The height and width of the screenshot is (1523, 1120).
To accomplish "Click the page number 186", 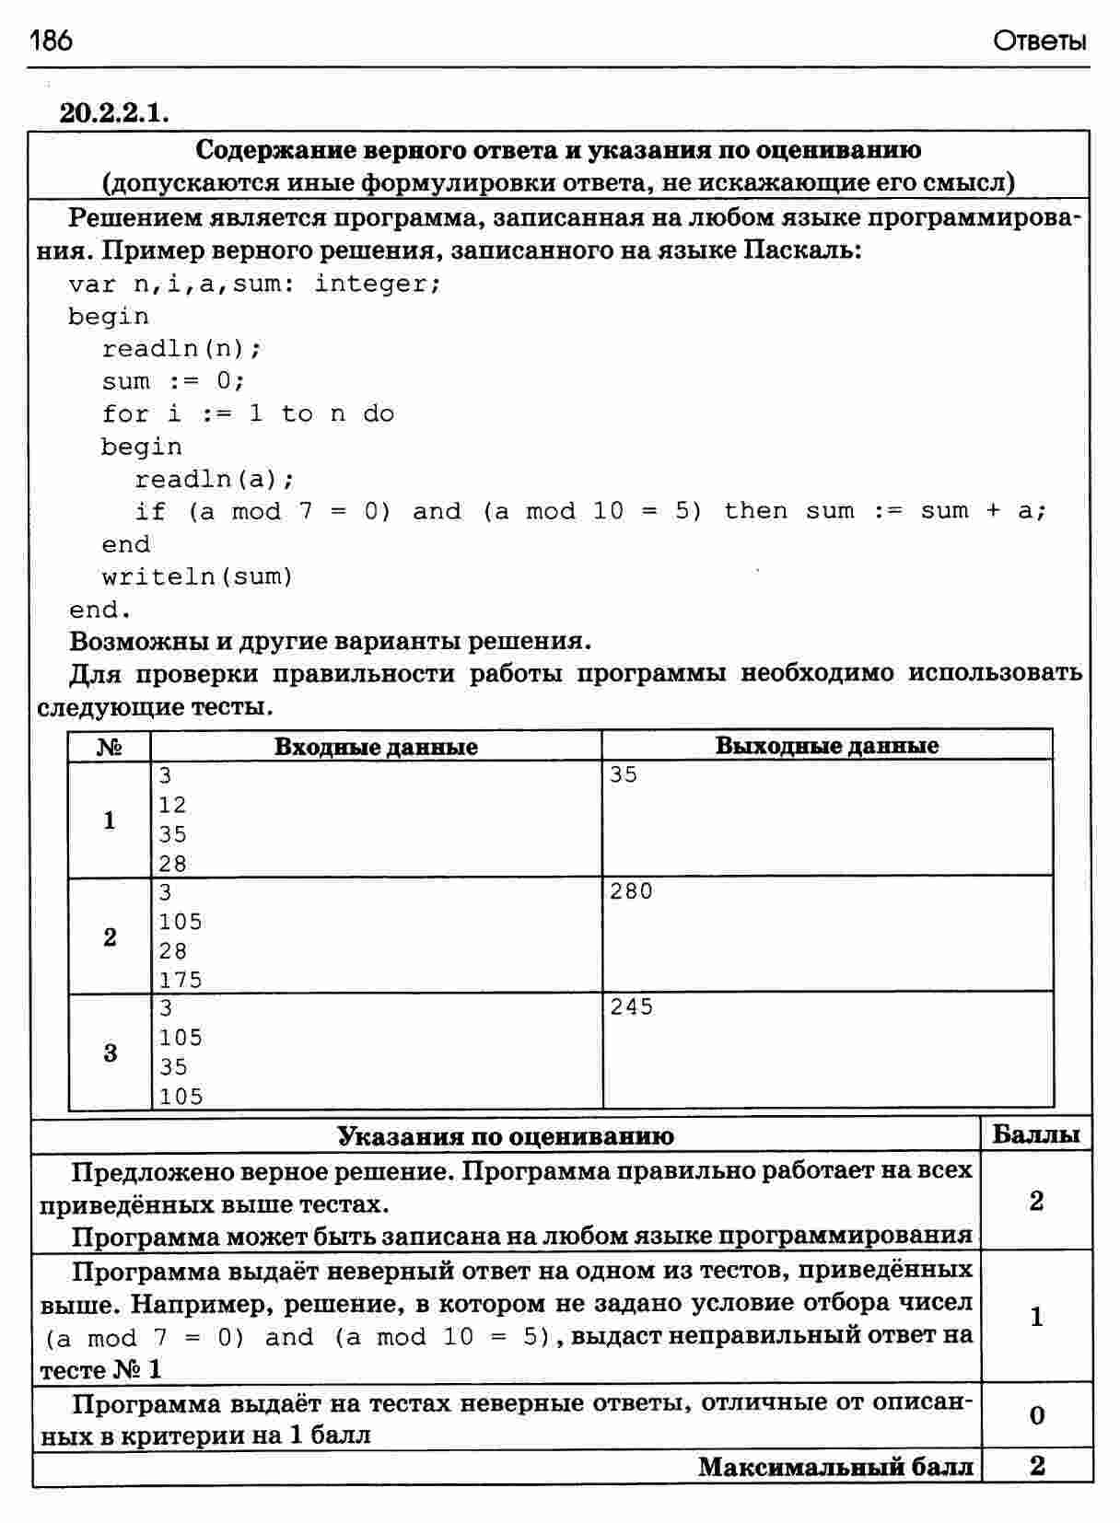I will [51, 41].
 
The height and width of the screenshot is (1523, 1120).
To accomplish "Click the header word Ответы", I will [1040, 41].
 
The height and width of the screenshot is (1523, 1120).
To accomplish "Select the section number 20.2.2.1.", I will [114, 112].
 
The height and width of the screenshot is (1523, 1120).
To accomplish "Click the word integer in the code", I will [377, 284].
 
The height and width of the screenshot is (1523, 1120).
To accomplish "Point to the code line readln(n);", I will [181, 349].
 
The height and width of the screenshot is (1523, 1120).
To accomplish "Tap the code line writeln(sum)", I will [197, 577].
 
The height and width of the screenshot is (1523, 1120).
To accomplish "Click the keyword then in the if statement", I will [755, 511].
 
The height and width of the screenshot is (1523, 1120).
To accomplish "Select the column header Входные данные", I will [376, 747].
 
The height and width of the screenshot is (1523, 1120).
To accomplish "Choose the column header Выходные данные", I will [827, 746].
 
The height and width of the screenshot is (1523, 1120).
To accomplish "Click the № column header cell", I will [110, 747].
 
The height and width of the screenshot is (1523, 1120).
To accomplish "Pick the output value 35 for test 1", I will [624, 775].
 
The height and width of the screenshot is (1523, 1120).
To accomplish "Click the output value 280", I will [631, 891].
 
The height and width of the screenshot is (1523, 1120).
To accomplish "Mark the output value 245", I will [631, 1007].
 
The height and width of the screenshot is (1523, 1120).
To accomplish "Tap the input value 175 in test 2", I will [181, 980].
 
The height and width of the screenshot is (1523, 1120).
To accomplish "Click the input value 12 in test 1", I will [172, 805].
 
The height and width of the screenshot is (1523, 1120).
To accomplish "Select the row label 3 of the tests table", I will [111, 1052].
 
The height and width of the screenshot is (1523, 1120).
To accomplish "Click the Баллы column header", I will [1036, 1134].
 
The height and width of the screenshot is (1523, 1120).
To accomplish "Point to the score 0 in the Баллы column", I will [1037, 1415].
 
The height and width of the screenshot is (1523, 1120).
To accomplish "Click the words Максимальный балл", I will [835, 1466].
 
